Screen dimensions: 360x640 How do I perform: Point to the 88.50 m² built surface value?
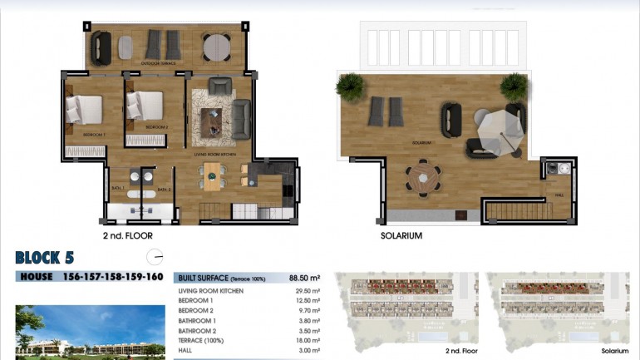[x=304, y=279]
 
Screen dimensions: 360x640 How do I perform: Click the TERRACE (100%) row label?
[x=204, y=340]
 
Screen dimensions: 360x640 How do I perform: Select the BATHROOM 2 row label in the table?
[x=202, y=330]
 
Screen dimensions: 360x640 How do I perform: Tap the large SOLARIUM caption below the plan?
[x=401, y=236]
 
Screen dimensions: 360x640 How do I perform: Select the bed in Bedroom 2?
[x=145, y=106]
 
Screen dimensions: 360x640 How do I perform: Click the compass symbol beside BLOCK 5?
[x=154, y=257]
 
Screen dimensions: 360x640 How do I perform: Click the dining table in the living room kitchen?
[x=214, y=175]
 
